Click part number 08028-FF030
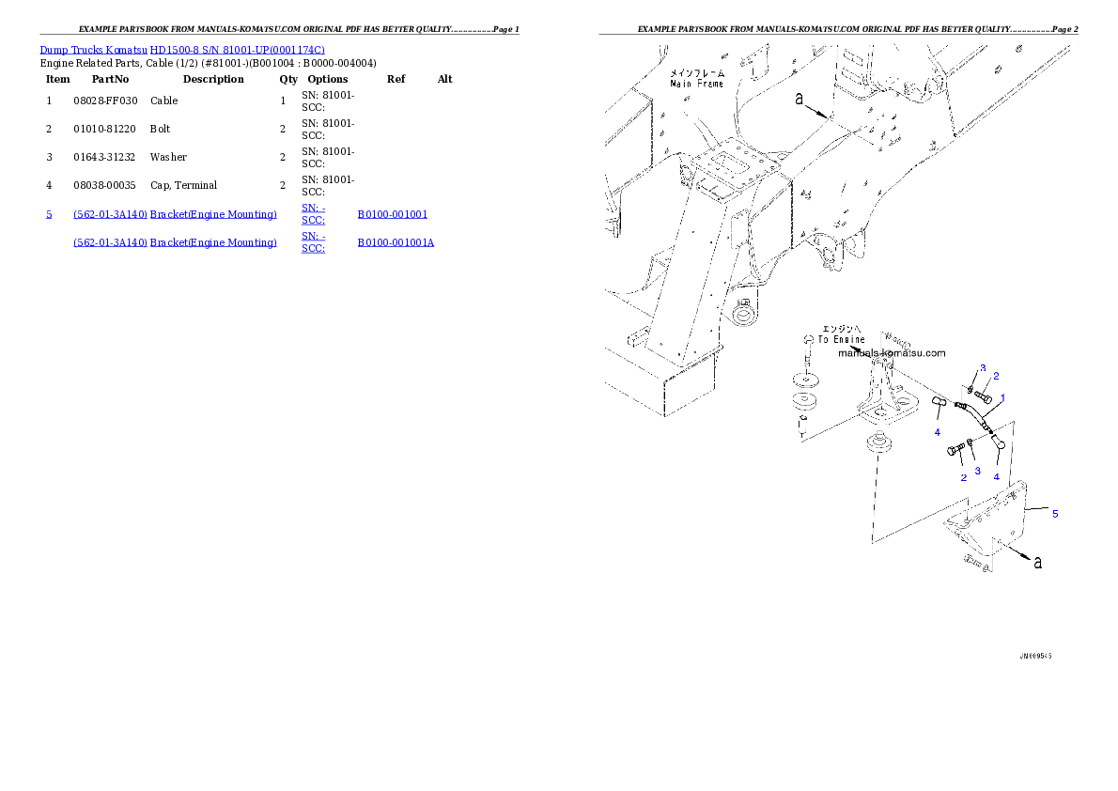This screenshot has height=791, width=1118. coord(105,101)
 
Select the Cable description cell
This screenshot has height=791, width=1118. coord(164,101)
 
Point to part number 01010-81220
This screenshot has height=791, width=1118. coord(105,129)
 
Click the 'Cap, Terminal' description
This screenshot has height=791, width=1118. coord(183,185)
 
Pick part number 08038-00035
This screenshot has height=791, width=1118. coord(105,185)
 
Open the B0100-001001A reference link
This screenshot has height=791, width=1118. coord(396,242)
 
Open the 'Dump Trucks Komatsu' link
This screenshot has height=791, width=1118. coord(93,50)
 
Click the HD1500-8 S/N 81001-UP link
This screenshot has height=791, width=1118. coord(238,50)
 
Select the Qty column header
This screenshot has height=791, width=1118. coord(288,79)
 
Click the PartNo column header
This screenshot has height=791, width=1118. coord(111,79)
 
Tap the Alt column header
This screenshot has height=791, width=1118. coord(445,79)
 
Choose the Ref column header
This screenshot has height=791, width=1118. coord(396,79)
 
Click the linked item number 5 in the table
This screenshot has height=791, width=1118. coord(49,214)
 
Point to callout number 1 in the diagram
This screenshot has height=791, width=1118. coord(1002,398)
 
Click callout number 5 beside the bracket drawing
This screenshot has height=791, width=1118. coord(1055,514)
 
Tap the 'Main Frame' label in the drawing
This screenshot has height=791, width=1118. coord(696,85)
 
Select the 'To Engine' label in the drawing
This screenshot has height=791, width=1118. coord(842,339)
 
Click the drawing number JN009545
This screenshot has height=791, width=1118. coord(1035,656)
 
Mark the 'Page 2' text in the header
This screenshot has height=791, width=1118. coord(1064,29)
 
